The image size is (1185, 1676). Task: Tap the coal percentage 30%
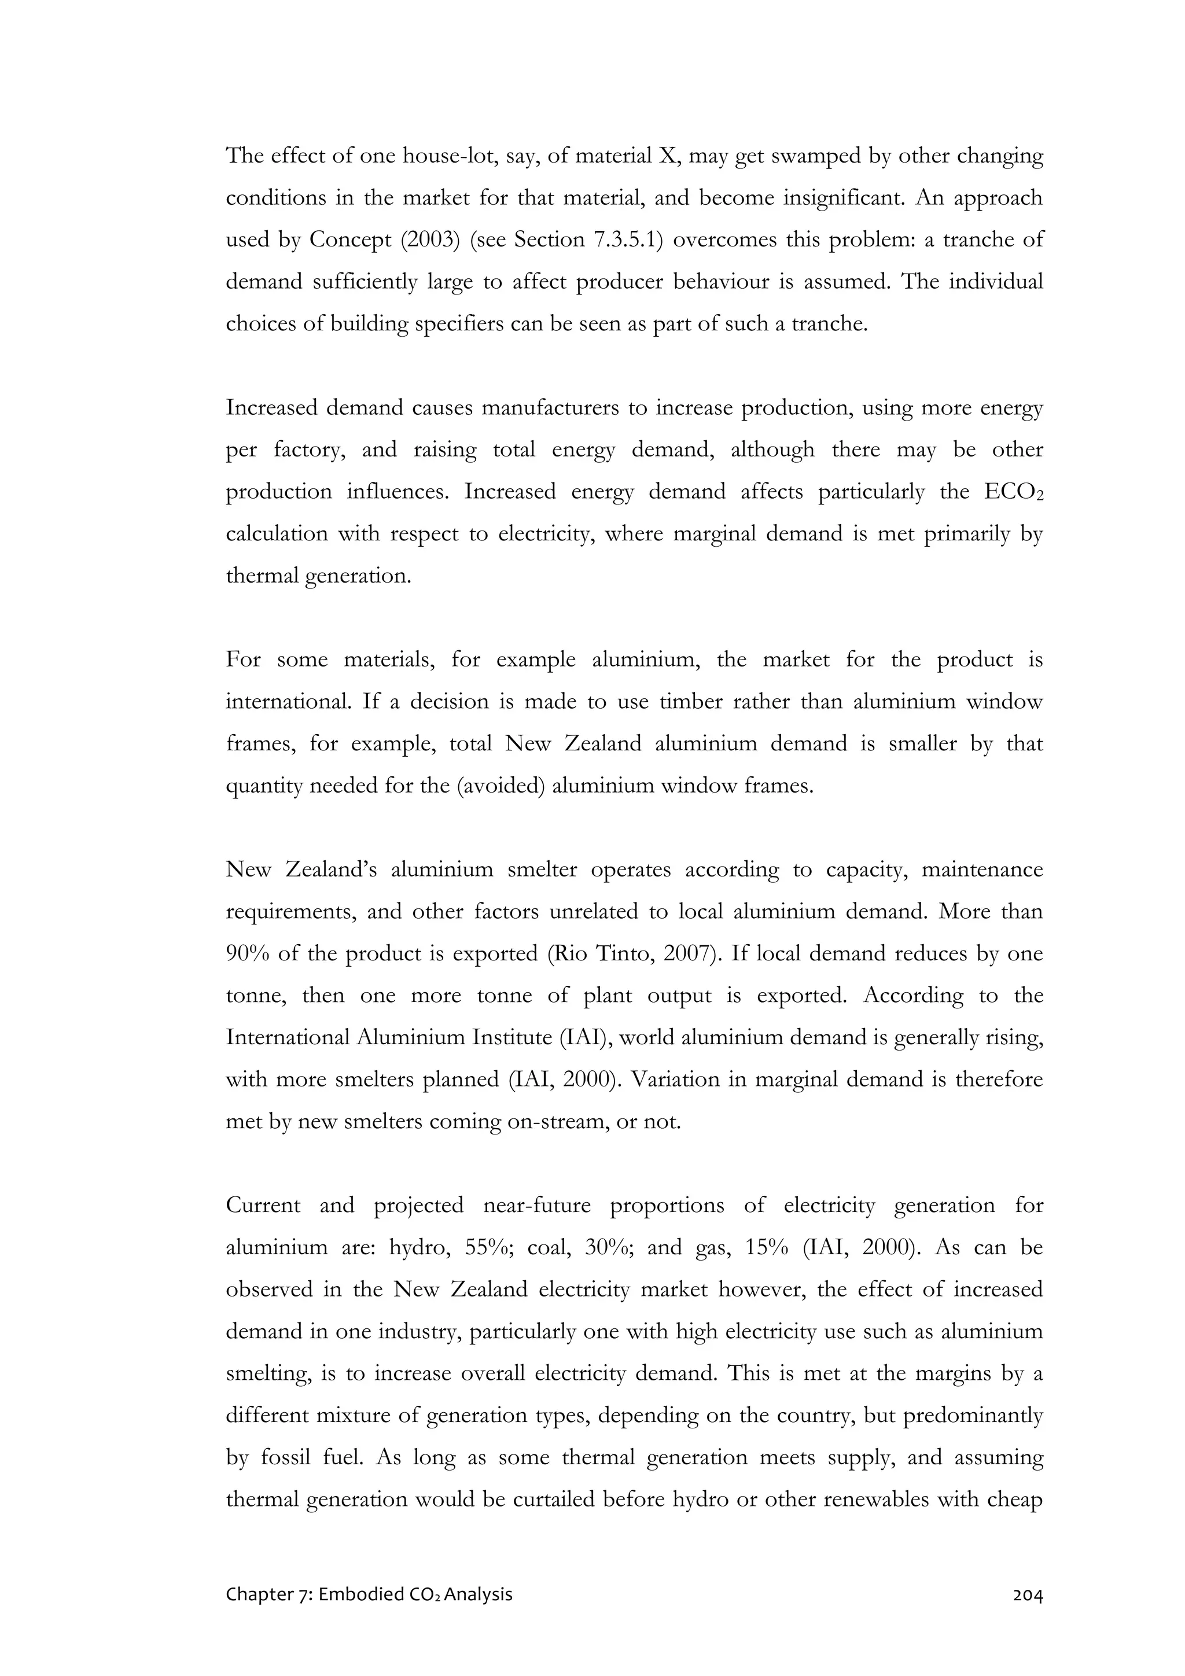(x=608, y=1247)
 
